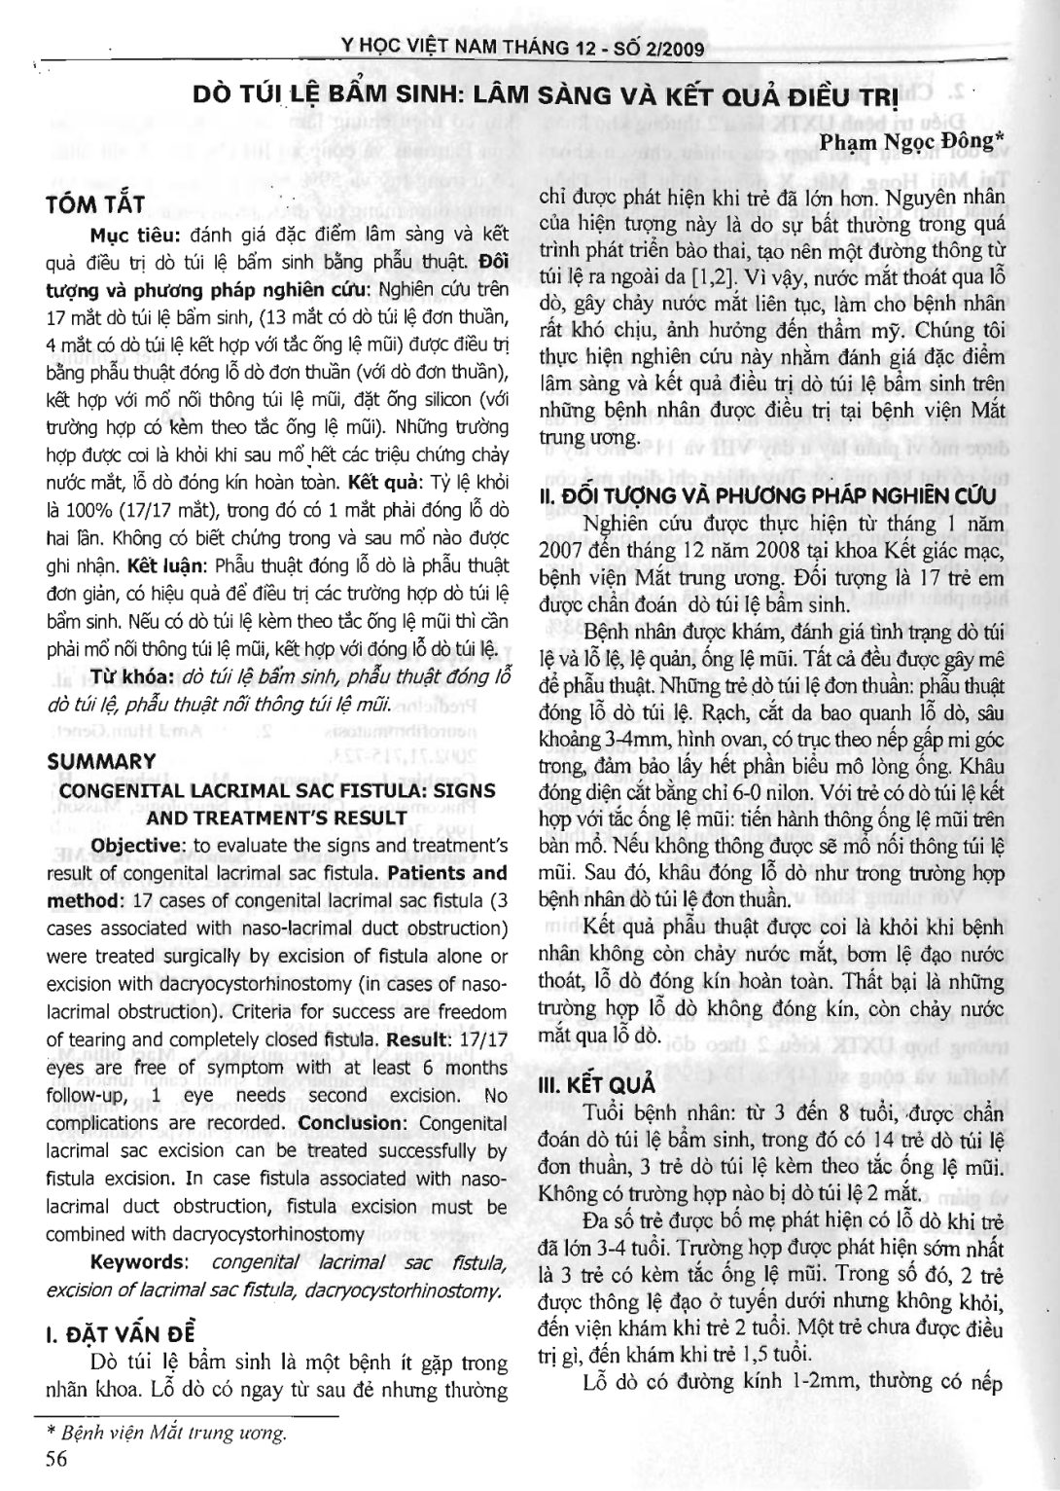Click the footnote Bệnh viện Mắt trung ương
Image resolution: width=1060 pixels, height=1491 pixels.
point(169,1434)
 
